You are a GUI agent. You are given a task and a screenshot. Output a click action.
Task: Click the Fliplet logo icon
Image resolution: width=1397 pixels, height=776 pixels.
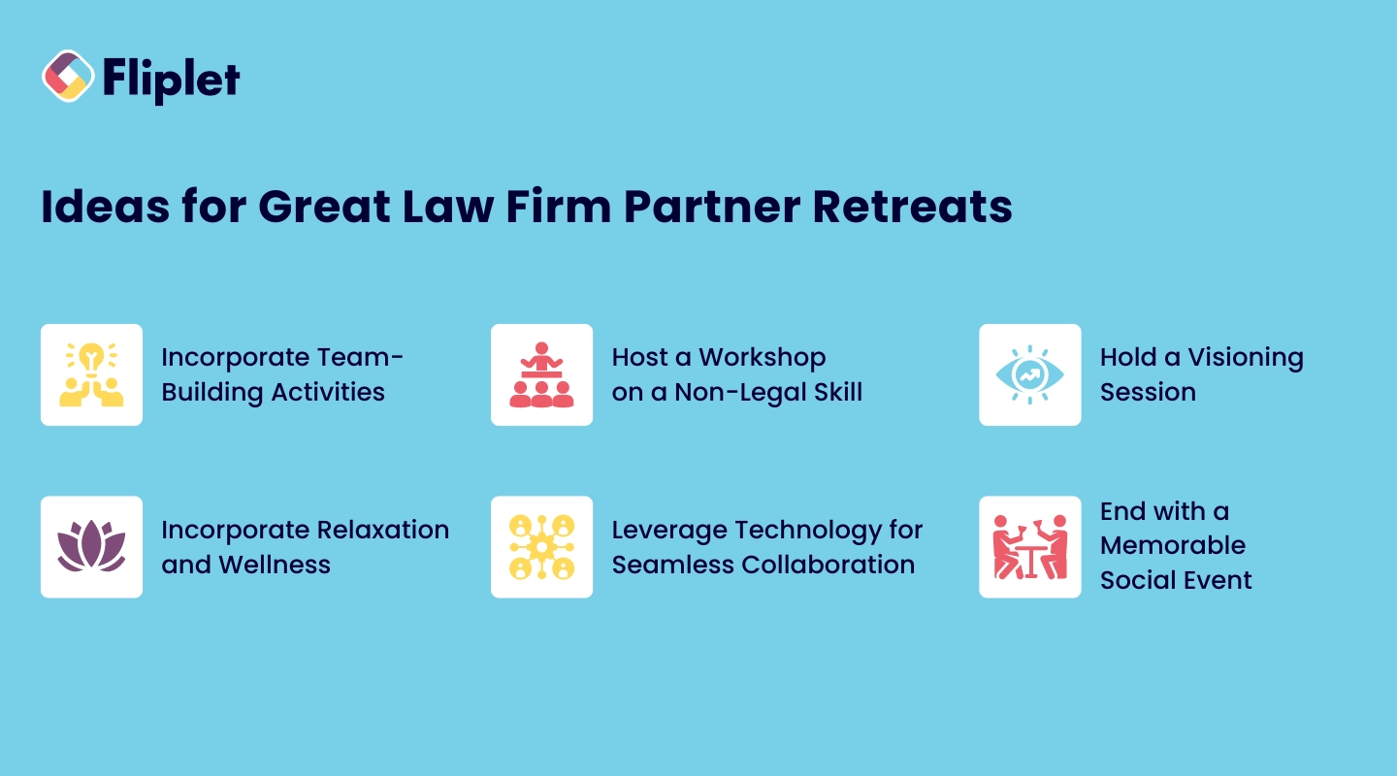(68, 77)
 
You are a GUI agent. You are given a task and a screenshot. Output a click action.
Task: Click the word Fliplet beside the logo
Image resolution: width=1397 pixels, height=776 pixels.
(170, 79)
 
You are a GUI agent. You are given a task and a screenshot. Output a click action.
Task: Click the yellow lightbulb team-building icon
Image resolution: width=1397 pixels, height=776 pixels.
(91, 374)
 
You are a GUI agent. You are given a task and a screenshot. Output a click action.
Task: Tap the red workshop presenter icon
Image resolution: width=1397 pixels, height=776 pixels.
(541, 374)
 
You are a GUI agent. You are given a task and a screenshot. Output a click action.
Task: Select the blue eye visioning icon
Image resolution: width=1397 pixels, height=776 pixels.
(1029, 374)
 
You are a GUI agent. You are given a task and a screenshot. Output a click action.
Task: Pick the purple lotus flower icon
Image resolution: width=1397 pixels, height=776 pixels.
(91, 547)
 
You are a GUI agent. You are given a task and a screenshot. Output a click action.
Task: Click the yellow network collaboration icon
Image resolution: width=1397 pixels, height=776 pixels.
(541, 547)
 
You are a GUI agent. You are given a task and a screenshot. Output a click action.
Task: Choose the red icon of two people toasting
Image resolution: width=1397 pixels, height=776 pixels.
(1029, 547)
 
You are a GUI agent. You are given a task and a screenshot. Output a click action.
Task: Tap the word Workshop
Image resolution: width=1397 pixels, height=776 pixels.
(762, 358)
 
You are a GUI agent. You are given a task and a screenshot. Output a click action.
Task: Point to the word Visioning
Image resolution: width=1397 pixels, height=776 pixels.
(1246, 358)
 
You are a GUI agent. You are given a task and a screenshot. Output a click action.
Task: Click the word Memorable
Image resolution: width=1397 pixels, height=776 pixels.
(1172, 546)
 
